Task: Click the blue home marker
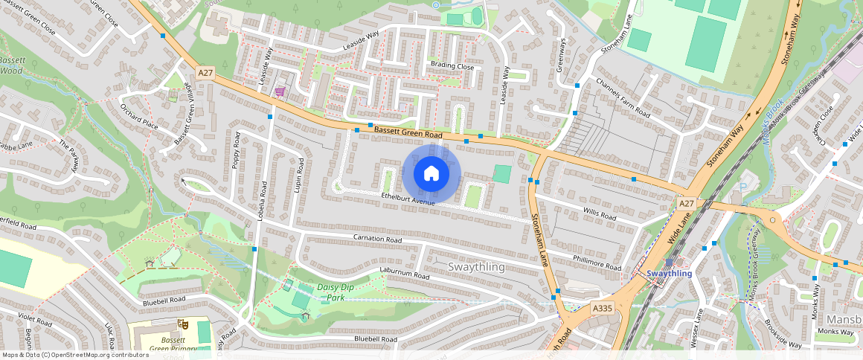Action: point(431,174)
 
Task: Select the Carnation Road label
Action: point(377,240)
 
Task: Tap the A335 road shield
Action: point(602,307)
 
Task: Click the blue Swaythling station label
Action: point(669,273)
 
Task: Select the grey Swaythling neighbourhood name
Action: point(477,266)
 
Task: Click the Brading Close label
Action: point(452,66)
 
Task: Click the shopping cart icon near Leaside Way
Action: point(280,91)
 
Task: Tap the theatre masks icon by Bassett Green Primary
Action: point(182,324)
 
